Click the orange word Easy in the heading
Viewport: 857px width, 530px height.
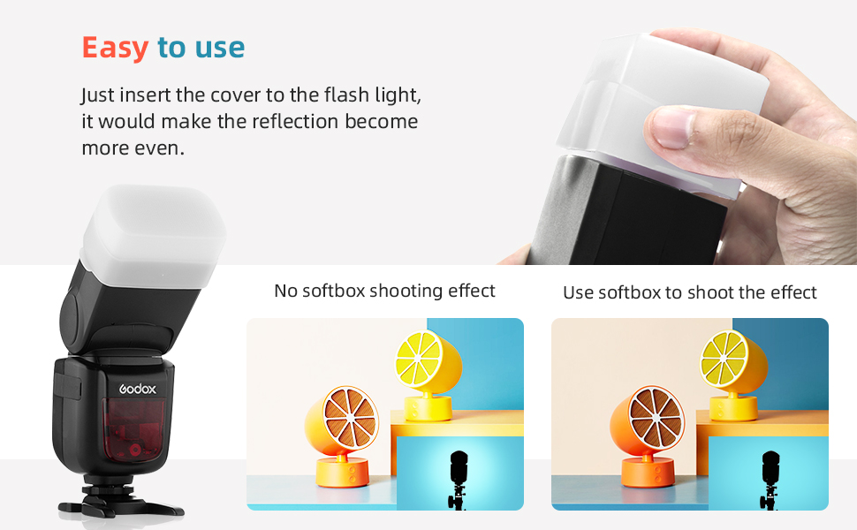(116, 48)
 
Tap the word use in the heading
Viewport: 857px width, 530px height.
(220, 48)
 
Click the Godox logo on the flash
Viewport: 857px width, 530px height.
(138, 389)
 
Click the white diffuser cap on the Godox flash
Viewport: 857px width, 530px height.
(153, 229)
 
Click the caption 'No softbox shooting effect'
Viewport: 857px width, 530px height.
(385, 291)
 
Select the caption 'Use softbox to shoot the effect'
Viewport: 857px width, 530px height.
(690, 292)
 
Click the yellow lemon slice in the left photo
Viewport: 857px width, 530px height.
(418, 358)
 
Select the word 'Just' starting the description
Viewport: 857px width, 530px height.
(98, 95)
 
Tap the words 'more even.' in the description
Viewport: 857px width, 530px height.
(133, 148)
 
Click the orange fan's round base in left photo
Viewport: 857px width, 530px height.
(343, 473)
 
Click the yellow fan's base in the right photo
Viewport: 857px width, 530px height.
(733, 407)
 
